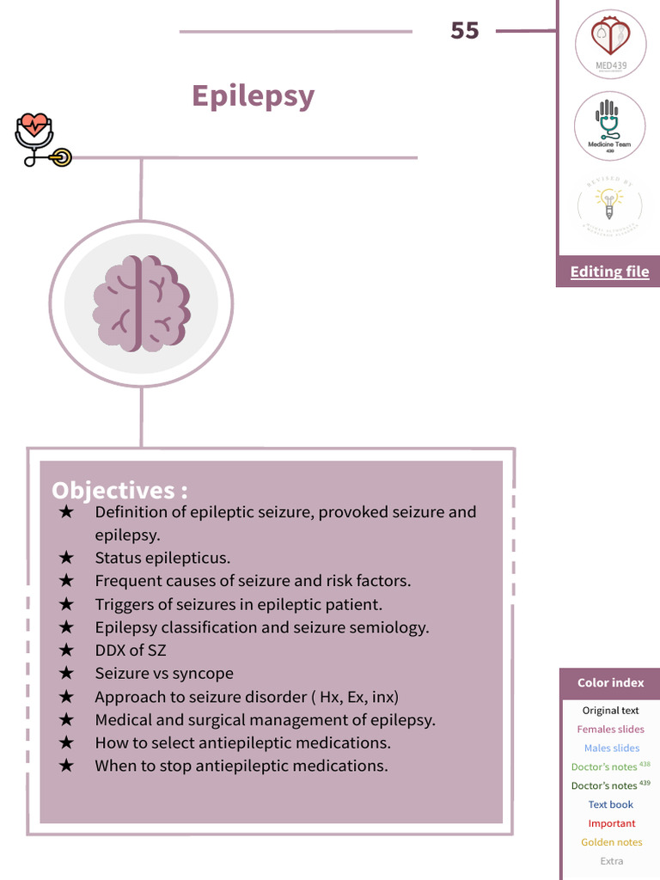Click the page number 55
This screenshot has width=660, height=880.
[x=464, y=31]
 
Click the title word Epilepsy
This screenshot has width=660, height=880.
[x=253, y=95]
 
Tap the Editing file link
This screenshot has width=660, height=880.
[x=609, y=272]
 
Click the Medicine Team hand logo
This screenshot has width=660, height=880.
[x=609, y=125]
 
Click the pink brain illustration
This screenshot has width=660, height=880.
[x=141, y=303]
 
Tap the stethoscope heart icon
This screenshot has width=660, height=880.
[x=39, y=139]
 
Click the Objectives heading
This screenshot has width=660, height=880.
[x=119, y=490]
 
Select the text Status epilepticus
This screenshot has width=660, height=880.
[x=162, y=558]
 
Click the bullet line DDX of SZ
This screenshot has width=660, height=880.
[x=131, y=651]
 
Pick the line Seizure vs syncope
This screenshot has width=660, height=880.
[x=164, y=674]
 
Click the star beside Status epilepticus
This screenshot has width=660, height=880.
[x=66, y=558]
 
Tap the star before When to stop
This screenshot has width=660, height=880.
[x=66, y=766]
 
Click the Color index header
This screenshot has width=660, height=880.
[x=610, y=683]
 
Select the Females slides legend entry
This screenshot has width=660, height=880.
[x=610, y=730]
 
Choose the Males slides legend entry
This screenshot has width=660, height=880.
[x=611, y=749]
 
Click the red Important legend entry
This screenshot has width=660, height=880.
[x=611, y=823]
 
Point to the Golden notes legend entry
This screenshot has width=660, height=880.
[x=611, y=842]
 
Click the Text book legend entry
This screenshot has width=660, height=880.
[x=610, y=804]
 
